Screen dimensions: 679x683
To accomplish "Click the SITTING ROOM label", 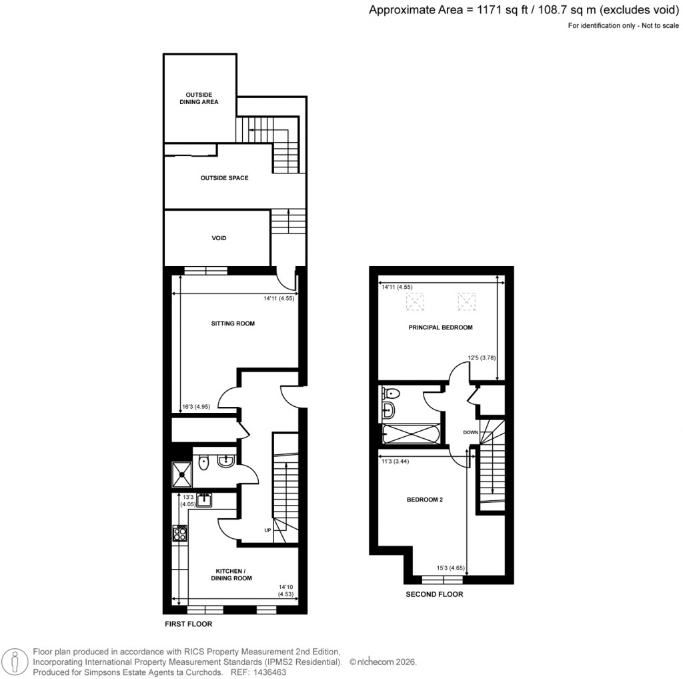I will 233,323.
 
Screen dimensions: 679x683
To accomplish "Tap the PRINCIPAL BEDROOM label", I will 440,327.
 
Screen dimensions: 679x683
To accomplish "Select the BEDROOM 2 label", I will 425,500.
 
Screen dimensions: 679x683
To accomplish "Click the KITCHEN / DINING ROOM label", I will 233,574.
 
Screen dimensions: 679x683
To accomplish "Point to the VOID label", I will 219,238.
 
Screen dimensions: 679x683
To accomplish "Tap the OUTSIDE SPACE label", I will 224,178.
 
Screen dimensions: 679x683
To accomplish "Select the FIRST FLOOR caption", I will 188,625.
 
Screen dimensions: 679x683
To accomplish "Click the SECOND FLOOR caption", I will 434,594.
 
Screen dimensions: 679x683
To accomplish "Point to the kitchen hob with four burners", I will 180,532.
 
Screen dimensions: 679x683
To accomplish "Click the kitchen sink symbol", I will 204,500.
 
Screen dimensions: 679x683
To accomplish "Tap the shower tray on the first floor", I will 182,474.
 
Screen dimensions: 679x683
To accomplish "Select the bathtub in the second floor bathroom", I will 410,435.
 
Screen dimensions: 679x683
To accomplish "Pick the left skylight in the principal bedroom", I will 416,303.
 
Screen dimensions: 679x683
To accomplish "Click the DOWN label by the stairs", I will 471,432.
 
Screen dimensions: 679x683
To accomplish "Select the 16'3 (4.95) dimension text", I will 196,406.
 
